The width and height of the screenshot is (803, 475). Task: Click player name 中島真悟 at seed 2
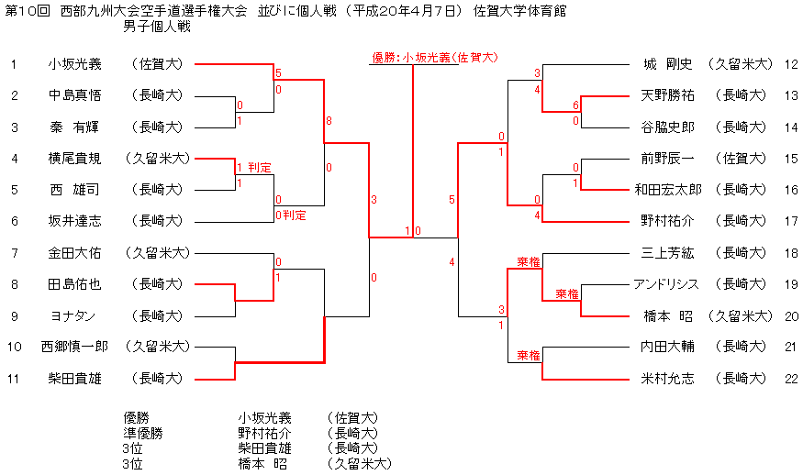(x=75, y=95)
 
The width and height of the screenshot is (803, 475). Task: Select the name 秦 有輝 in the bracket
(x=75, y=127)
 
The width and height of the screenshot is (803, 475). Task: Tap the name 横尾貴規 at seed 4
(x=75, y=158)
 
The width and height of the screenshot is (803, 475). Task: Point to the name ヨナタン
(x=75, y=315)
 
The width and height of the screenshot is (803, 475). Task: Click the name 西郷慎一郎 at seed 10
(x=75, y=347)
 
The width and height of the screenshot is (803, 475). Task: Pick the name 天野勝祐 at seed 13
(x=667, y=95)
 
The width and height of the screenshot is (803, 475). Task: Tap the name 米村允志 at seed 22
(x=667, y=379)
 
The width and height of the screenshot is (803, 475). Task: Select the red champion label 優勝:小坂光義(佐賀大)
(x=435, y=57)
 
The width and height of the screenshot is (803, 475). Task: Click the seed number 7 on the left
(x=14, y=252)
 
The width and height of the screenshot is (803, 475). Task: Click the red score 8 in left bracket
(x=329, y=121)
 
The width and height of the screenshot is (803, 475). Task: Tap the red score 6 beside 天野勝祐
(x=575, y=105)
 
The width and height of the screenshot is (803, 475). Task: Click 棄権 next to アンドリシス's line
(x=567, y=294)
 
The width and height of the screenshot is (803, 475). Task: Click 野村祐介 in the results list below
(x=265, y=433)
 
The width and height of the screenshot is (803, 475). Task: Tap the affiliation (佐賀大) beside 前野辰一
(x=740, y=159)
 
